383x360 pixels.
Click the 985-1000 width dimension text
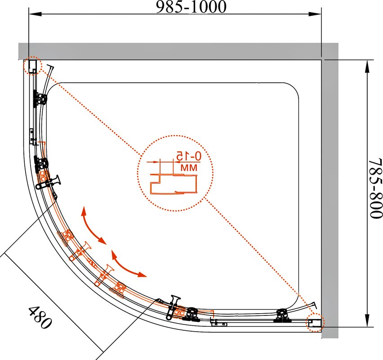191,7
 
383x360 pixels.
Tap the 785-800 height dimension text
375,188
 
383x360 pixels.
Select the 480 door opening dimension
40,317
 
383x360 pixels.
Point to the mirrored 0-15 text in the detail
189,156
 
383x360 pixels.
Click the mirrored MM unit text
189,168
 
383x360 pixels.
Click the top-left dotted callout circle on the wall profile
33,66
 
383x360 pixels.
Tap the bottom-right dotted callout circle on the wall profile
315,322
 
